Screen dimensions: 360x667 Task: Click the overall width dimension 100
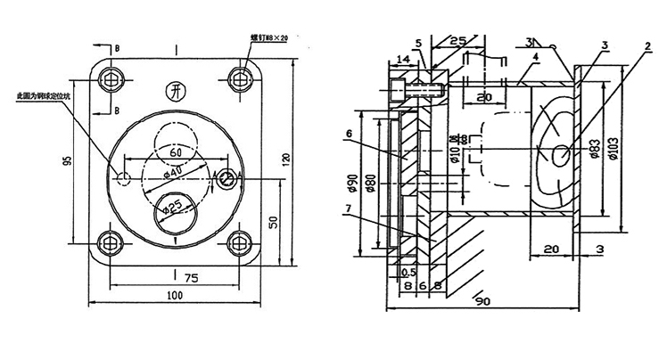click(176, 296)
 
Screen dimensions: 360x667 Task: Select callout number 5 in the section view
click(417, 42)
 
